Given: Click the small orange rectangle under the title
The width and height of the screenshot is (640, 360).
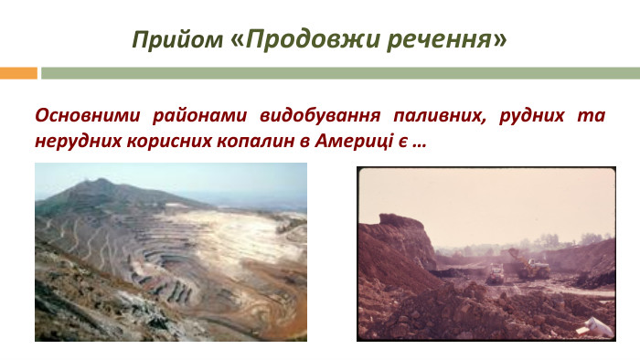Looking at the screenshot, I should coord(17,73).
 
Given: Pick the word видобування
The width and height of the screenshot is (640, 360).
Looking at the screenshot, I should coord(319,117).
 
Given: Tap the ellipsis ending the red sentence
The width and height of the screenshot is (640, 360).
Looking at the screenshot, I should coord(418,144).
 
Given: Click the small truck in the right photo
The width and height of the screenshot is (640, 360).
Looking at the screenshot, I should coord(494,273).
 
